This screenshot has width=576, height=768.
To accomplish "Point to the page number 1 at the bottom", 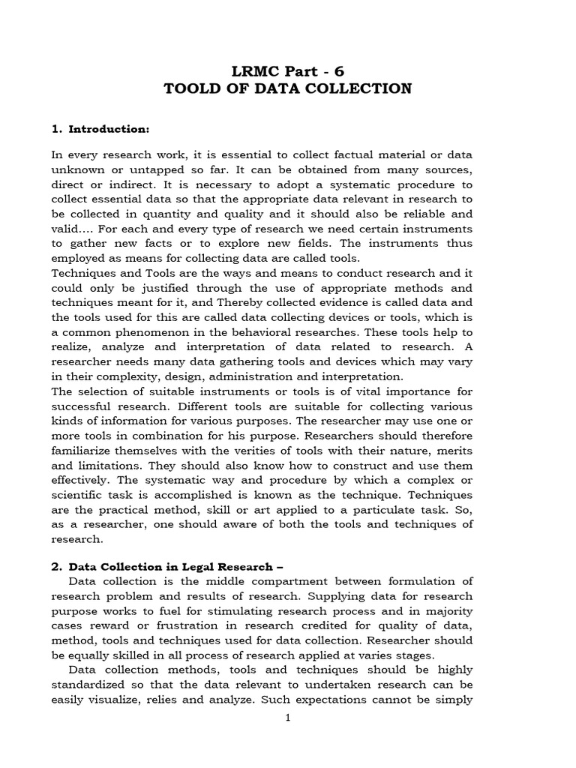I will click(287, 717).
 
